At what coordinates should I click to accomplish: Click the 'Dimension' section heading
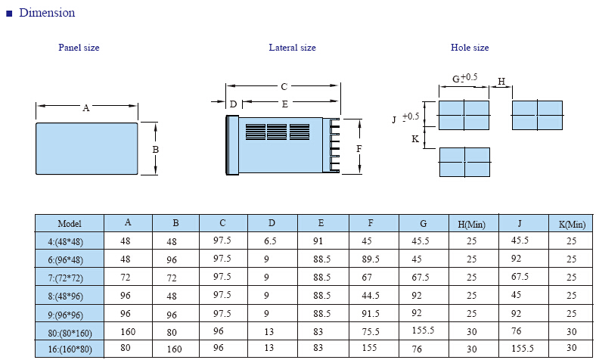(47, 13)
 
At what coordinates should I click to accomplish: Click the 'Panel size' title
(79, 48)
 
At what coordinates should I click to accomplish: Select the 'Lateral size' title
(292, 48)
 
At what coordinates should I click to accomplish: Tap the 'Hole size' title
(470, 48)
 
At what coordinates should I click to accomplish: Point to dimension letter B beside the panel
(156, 150)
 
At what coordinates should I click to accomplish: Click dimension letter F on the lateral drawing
(359, 149)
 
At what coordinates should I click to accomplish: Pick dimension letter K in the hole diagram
(415, 138)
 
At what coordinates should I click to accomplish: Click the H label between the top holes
(501, 82)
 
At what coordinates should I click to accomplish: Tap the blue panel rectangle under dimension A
(87, 149)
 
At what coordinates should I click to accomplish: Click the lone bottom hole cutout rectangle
(464, 163)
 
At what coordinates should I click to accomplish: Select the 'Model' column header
(70, 224)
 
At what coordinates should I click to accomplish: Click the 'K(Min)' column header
(572, 225)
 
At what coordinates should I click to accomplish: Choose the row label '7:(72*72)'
(65, 278)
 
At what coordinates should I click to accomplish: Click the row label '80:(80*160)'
(70, 334)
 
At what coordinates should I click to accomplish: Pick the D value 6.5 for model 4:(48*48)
(270, 241)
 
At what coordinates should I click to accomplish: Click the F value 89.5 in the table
(371, 259)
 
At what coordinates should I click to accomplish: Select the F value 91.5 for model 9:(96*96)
(371, 314)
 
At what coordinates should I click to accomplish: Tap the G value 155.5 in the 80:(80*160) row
(423, 330)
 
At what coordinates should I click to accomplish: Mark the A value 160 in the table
(128, 332)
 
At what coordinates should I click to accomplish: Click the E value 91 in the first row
(318, 241)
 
